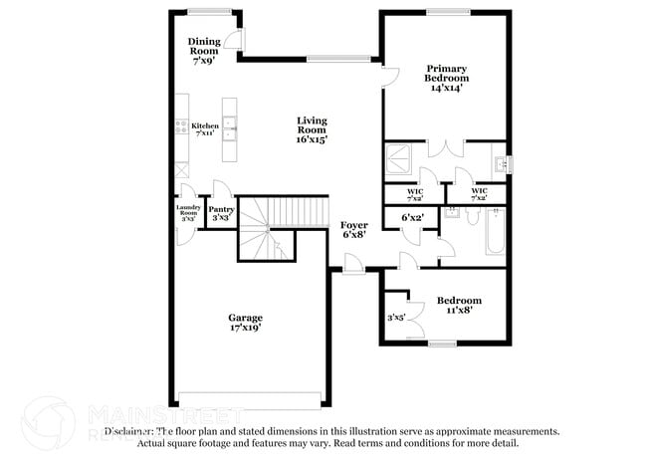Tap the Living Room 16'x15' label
click(x=312, y=130)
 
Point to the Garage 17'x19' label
click(x=245, y=323)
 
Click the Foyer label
click(x=354, y=230)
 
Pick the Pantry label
click(x=221, y=213)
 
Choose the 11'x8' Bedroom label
click(x=459, y=305)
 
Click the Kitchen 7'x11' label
click(x=207, y=129)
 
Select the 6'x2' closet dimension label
click(x=412, y=217)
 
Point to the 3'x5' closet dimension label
click(x=395, y=319)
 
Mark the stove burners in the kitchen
click(x=182, y=126)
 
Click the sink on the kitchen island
click(x=230, y=124)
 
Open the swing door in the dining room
click(x=233, y=39)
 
